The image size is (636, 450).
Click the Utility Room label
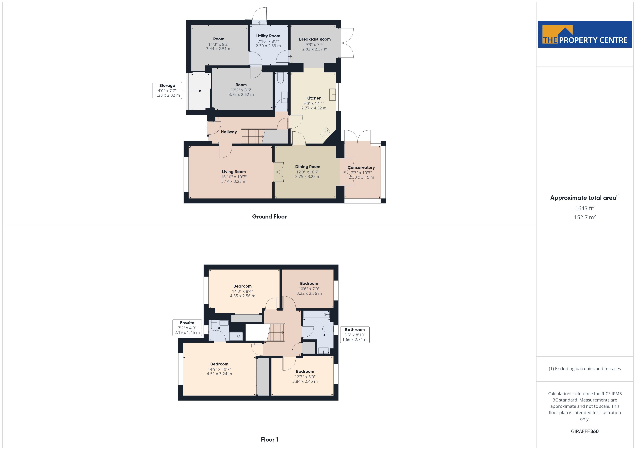pos(268,36)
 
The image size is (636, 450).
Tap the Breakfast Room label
pos(315,39)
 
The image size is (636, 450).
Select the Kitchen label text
pos(314,98)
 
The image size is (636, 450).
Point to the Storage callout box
pos(167,90)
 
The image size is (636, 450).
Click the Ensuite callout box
pos(187,328)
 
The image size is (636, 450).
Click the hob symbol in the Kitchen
pos(326,133)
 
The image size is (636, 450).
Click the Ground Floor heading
pos(269,217)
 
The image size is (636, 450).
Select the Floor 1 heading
pos(270,440)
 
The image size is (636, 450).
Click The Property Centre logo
pos(585,34)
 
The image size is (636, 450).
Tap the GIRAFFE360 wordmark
pos(585,431)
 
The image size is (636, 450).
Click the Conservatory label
pos(361,168)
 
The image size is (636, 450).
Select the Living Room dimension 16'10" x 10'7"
pos(234,177)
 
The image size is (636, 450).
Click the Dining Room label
pos(308,167)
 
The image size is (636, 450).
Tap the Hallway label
pos(229,132)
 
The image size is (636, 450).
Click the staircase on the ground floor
pos(252,136)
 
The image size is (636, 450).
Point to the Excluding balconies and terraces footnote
pos(585,369)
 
